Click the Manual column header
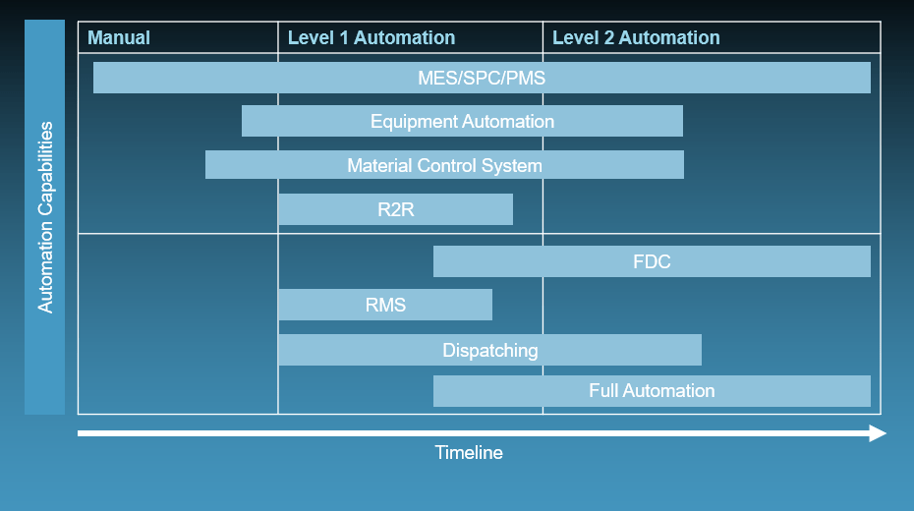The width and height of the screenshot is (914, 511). coord(119,38)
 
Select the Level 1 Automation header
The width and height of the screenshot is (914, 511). coord(371,38)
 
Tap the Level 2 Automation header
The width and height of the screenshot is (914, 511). coord(636,38)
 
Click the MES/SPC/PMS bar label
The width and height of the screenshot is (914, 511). coord(482,78)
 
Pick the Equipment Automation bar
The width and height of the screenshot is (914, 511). coord(462,121)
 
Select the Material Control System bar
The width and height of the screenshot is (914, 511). coord(445,165)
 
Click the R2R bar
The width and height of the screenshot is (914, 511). coord(396,209)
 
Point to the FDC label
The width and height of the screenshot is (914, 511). coord(652,261)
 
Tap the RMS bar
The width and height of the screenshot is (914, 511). coord(385,305)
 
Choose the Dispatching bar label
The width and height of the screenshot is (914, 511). coord(490,350)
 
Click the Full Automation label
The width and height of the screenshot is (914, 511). coord(652,390)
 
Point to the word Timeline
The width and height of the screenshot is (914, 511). coord(469,453)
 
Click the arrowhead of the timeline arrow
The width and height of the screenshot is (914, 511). coord(878,433)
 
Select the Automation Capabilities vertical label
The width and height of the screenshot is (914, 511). coord(45,217)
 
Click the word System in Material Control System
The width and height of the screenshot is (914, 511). coord(512,166)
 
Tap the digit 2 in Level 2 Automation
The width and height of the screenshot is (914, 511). coord(609,38)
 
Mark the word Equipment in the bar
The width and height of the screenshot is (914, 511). coord(415,122)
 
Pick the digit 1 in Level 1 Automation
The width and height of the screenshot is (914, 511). coord(344,38)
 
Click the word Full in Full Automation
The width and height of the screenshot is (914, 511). coord(603,390)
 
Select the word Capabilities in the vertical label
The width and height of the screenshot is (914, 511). coord(45,168)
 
